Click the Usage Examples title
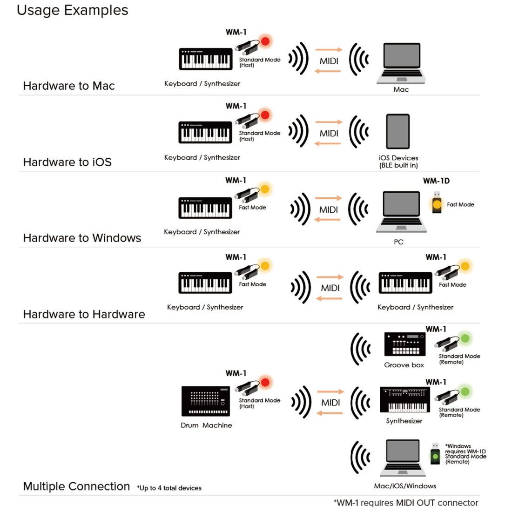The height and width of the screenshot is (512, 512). [x=72, y=10]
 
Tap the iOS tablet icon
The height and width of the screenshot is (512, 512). [x=398, y=132]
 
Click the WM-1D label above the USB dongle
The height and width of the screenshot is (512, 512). [x=436, y=181]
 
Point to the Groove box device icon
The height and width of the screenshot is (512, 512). [x=404, y=344]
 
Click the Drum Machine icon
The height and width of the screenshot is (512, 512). [x=206, y=401]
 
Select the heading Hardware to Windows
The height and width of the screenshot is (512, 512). [x=82, y=238]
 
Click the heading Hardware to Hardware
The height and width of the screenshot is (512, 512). [x=84, y=314]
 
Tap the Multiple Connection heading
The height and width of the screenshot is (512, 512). [x=76, y=486]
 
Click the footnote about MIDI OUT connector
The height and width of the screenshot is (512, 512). [x=405, y=503]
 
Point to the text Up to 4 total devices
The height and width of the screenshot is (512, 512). [x=169, y=488]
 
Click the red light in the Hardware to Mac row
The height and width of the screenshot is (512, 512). [x=265, y=41]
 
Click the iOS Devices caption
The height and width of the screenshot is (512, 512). [x=398, y=161]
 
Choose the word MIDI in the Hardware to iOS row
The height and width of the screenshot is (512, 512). [x=329, y=134]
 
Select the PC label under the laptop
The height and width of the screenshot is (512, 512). [x=398, y=242]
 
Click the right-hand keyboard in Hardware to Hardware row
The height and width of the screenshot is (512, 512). [x=405, y=283]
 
